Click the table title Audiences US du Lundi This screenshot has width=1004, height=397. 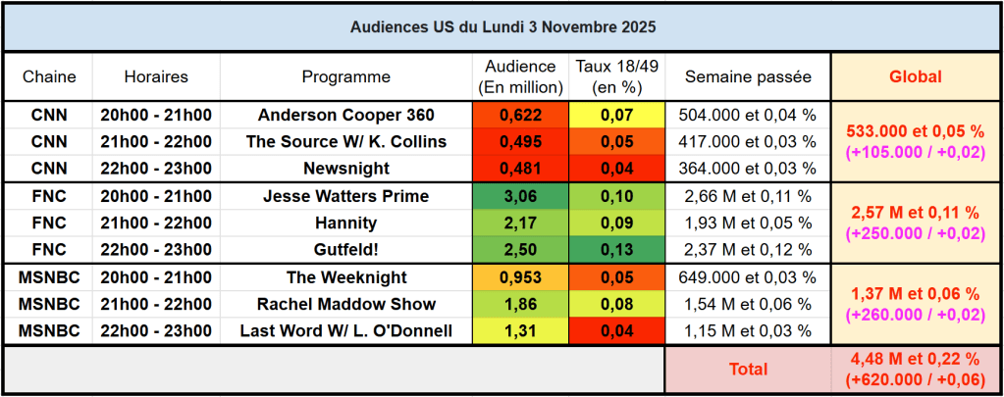tap(502, 26)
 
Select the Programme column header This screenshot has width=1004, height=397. tap(345, 76)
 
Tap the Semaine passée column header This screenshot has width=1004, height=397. tap(748, 76)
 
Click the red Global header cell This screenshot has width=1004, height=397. tap(915, 76)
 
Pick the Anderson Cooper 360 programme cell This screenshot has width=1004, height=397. tap(345, 115)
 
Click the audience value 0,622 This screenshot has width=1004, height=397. tap(520, 115)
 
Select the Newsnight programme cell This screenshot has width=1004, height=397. tap(345, 168)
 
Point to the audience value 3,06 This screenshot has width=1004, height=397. tap(520, 196)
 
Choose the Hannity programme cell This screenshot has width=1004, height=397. tap(345, 223)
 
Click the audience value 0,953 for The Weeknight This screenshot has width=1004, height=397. tap(520, 277)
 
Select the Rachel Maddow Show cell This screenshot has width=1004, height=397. tap(345, 304)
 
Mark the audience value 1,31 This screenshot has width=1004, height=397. tap(520, 330)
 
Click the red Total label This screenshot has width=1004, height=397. tap(748, 370)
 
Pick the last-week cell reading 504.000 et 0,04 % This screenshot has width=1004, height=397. tap(748, 115)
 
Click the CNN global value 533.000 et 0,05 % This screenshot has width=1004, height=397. tap(915, 129)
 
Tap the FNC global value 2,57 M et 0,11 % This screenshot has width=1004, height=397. tap(915, 212)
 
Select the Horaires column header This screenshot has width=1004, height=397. tap(156, 76)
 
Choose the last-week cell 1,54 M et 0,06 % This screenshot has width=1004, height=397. tap(748, 304)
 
